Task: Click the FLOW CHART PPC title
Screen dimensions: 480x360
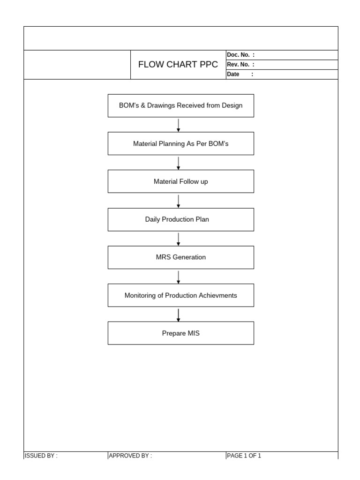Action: [178, 65]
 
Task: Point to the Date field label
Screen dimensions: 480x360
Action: [233, 74]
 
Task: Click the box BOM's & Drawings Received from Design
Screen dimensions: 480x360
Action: [181, 105]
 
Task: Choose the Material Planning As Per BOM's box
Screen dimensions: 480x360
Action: [181, 143]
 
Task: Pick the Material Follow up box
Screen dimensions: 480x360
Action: [181, 181]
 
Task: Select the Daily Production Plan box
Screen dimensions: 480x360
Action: [181, 219]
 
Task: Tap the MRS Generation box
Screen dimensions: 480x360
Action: [181, 257]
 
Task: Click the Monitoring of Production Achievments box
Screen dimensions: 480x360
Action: [181, 295]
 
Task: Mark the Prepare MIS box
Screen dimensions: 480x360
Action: [181, 333]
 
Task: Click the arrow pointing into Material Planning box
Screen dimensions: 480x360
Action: [179, 125]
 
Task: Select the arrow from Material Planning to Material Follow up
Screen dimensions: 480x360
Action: [179, 163]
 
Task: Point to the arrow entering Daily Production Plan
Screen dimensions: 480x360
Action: [179, 201]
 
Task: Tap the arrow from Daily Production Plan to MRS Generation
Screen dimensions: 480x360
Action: [179, 239]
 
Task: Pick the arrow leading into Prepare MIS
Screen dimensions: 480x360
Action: [179, 315]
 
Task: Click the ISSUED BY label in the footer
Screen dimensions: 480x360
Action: [41, 456]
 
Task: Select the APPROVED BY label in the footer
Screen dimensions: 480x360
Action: [130, 456]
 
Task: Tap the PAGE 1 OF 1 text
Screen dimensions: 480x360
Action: [244, 456]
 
